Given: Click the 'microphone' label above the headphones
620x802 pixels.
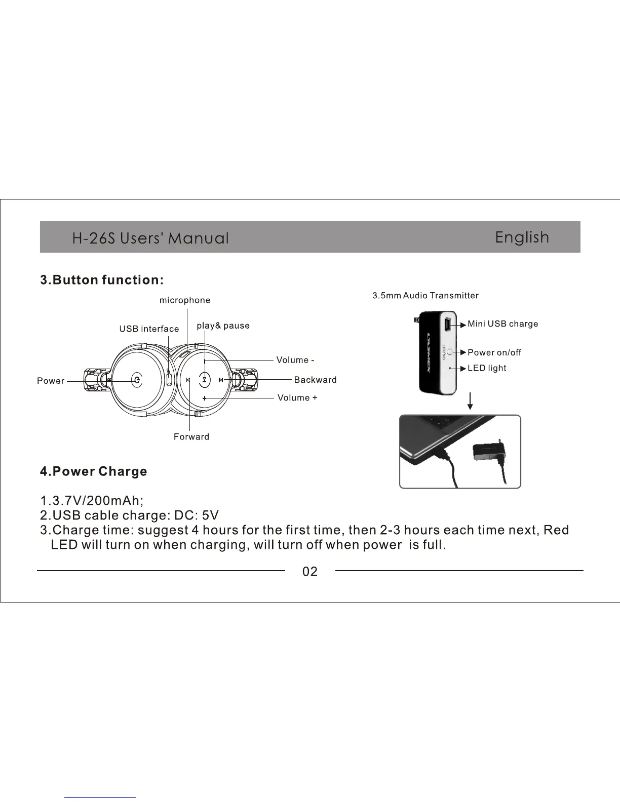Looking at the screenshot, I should click(185, 300).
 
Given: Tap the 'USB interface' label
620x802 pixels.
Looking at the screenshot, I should click(149, 329).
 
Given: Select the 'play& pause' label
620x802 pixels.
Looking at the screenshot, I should click(223, 326).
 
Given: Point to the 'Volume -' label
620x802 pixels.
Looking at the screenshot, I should click(295, 360).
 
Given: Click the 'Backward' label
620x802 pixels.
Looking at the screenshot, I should click(315, 380).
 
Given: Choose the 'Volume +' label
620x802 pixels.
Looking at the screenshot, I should click(297, 398).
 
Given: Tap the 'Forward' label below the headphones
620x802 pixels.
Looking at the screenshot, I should click(191, 437).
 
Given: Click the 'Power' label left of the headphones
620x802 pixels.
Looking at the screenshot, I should click(51, 381).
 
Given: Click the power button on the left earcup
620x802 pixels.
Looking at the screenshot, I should click(137, 380).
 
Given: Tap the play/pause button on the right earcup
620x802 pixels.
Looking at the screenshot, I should click(204, 380).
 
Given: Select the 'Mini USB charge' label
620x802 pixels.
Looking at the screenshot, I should click(502, 324).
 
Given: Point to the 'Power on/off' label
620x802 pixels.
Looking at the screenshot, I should click(494, 352).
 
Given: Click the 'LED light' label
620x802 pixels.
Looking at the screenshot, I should click(487, 368).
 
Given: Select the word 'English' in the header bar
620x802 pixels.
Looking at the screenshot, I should click(522, 237).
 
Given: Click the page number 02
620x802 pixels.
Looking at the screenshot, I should click(310, 572).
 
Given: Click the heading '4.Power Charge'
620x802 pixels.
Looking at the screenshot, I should click(94, 471).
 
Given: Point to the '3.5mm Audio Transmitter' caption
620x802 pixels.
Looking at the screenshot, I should click(425, 296).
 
